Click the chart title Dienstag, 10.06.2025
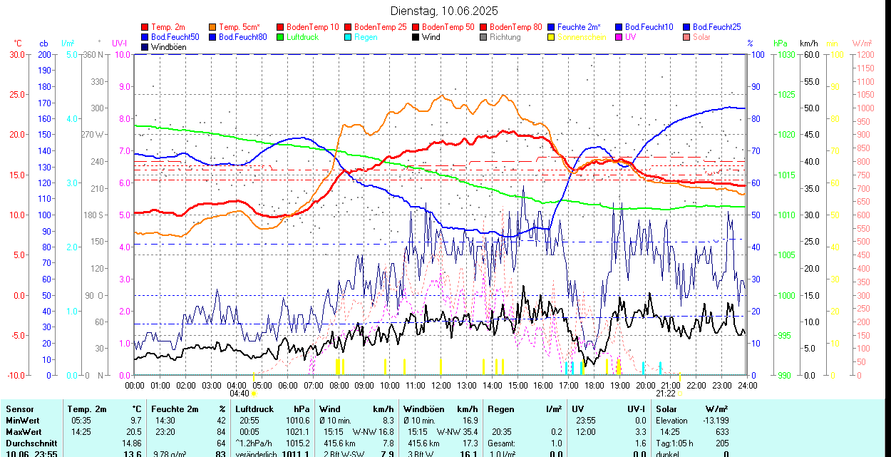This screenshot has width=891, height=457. point(445,11)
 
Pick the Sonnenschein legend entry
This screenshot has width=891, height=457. point(582,37)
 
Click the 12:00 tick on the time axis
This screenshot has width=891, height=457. point(441,385)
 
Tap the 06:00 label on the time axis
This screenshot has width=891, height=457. point(288,385)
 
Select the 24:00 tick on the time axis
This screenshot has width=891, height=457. point(747,385)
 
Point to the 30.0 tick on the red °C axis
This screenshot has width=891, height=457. point(16,55)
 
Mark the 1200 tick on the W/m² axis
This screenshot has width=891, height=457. point(864,55)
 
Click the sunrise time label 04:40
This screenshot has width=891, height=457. point(240,394)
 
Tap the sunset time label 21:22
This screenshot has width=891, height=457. point(666,394)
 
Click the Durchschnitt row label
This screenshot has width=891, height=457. point(31,443)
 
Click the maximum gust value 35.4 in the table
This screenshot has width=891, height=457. point(468,432)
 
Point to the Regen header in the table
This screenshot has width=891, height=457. point(501,409)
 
